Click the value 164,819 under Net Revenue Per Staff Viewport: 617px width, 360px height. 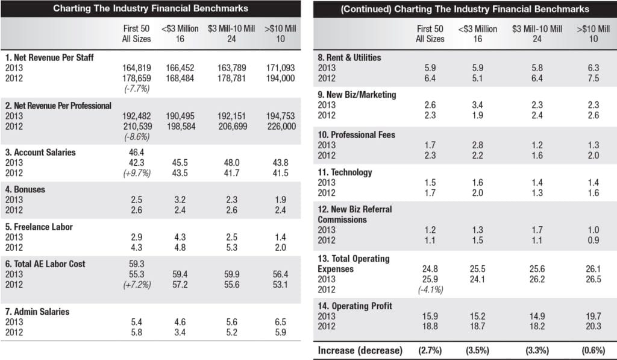pos(136,68)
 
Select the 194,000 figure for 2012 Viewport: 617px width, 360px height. pos(280,78)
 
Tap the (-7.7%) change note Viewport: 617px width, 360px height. pos(137,89)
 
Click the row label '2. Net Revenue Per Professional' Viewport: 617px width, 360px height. pos(58,106)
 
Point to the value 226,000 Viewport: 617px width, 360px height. pos(281,127)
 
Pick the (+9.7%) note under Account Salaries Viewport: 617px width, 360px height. pos(137,173)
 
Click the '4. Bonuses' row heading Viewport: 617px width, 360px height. pos(25,189)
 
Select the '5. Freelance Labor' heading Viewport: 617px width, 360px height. pos(39,227)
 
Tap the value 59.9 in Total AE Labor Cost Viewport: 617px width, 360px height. pos(232,274)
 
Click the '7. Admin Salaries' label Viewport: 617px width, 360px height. pos(37,312)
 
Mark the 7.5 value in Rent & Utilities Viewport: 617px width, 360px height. pos(594,78)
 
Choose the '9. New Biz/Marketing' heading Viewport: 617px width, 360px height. pos(357,95)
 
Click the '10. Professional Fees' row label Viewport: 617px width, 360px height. pos(357,134)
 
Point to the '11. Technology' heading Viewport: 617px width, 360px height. pos(345,172)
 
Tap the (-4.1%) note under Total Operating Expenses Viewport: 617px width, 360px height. pos(430,289)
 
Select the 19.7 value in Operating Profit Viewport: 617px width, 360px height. pos(594,316)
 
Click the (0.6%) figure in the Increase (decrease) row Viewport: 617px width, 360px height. pos(594,350)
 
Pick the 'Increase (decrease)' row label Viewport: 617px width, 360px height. pos(360,350)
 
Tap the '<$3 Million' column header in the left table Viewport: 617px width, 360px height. pos(180,28)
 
